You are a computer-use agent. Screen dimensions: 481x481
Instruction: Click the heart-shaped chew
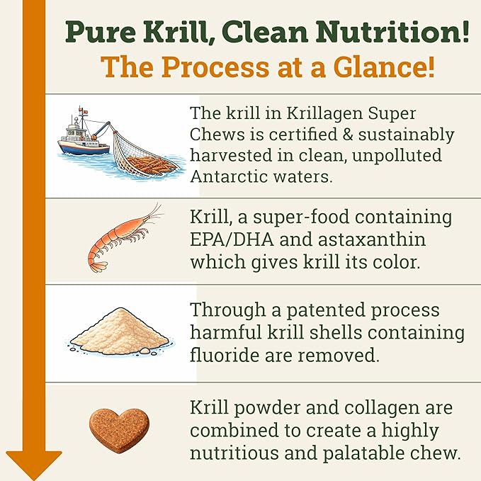click(119, 429)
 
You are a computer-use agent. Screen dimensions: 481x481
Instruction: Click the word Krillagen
click(324, 114)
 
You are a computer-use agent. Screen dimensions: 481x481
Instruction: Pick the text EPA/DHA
click(232, 239)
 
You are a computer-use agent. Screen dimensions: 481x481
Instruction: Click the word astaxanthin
click(372, 239)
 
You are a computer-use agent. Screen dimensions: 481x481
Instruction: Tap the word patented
click(325, 310)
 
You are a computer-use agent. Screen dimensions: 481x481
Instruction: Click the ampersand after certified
click(348, 135)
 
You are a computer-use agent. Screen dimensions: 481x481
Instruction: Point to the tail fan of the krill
click(98, 266)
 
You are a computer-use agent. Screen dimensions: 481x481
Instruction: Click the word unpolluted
click(397, 156)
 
